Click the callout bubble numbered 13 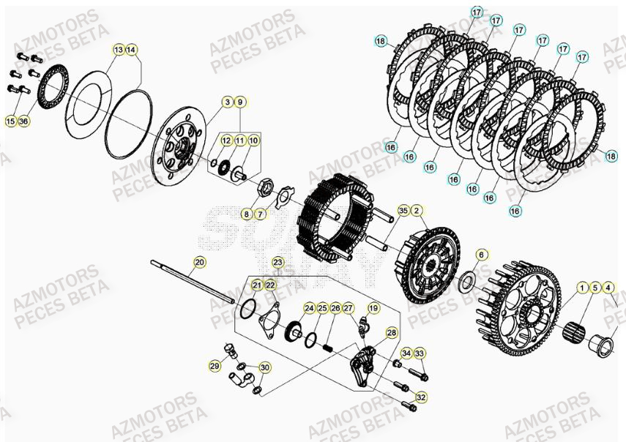pyautogui.click(x=119, y=50)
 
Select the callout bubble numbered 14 pyautogui.click(x=131, y=50)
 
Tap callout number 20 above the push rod pyautogui.click(x=199, y=261)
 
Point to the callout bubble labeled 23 pyautogui.click(x=277, y=261)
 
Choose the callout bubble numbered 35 pyautogui.click(x=403, y=211)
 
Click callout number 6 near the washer pyautogui.click(x=481, y=254)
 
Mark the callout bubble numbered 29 pyautogui.click(x=215, y=365)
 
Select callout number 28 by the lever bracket pyautogui.click(x=392, y=332)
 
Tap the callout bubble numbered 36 pyautogui.click(x=23, y=121)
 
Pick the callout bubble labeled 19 pyautogui.click(x=373, y=308)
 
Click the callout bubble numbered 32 pyautogui.click(x=420, y=397)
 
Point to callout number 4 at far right pyautogui.click(x=608, y=287)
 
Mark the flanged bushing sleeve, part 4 pyautogui.click(x=605, y=345)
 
